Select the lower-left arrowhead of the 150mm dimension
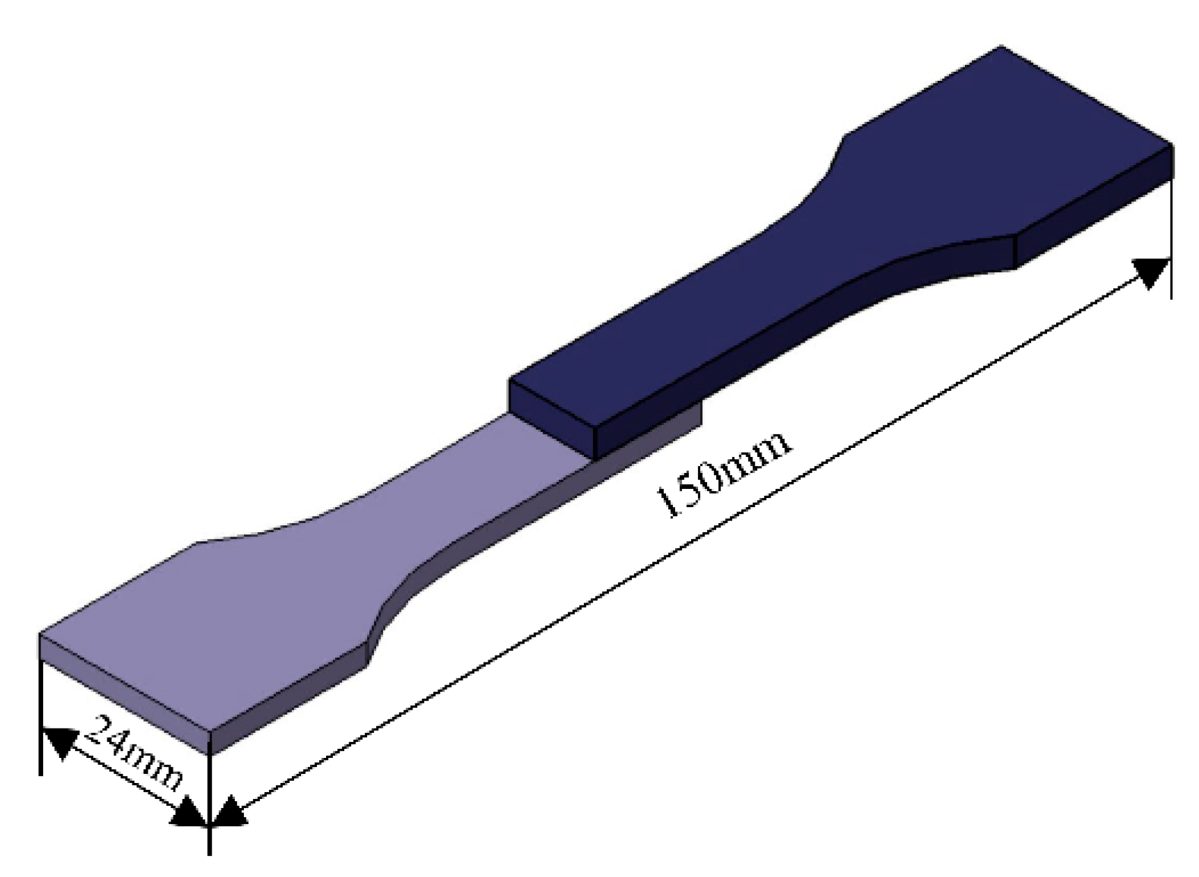pyautogui.click(x=226, y=813)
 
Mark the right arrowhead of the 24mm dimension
pyautogui.click(x=191, y=813)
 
